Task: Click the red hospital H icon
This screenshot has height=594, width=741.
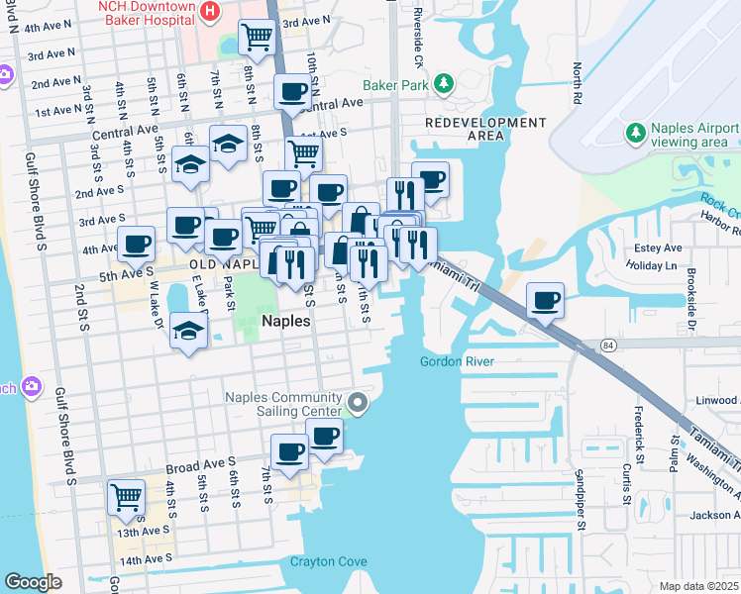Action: (x=209, y=11)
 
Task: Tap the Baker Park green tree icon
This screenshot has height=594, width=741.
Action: (x=445, y=84)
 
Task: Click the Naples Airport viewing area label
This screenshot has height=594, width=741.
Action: (x=692, y=136)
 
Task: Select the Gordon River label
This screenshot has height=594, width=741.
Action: (x=456, y=361)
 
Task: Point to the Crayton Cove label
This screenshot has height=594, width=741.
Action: (x=328, y=562)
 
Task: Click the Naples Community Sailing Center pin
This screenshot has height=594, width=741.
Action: (x=359, y=403)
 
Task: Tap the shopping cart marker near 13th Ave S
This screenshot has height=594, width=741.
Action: (x=126, y=497)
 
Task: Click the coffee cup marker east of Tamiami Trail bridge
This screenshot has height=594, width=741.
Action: (x=545, y=299)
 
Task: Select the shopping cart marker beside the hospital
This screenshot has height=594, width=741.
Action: (x=258, y=38)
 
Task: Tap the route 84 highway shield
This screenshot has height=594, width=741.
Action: (x=609, y=344)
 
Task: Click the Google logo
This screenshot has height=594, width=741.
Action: (x=33, y=582)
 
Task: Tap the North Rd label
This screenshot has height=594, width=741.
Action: (x=577, y=87)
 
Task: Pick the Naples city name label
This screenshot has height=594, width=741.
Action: (x=286, y=322)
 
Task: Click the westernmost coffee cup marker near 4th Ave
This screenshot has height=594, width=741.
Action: (x=136, y=244)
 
